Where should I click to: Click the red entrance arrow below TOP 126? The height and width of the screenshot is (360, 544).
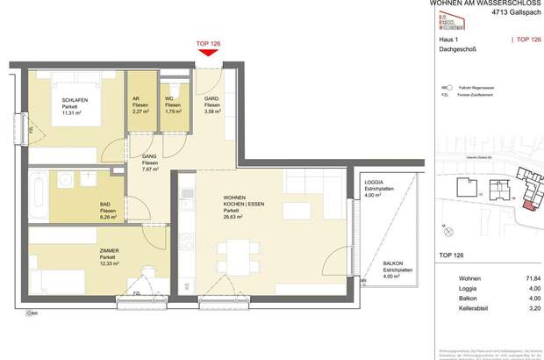coord(209,54)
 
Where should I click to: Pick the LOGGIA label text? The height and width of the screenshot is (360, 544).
coord(375,182)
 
